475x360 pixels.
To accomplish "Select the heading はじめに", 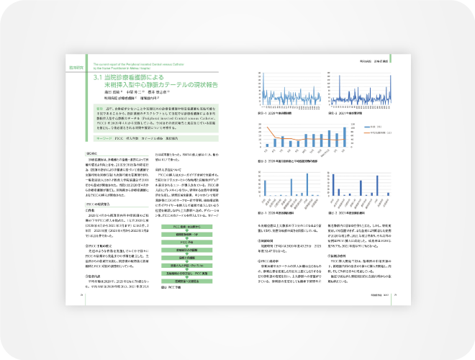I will point(92,153).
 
